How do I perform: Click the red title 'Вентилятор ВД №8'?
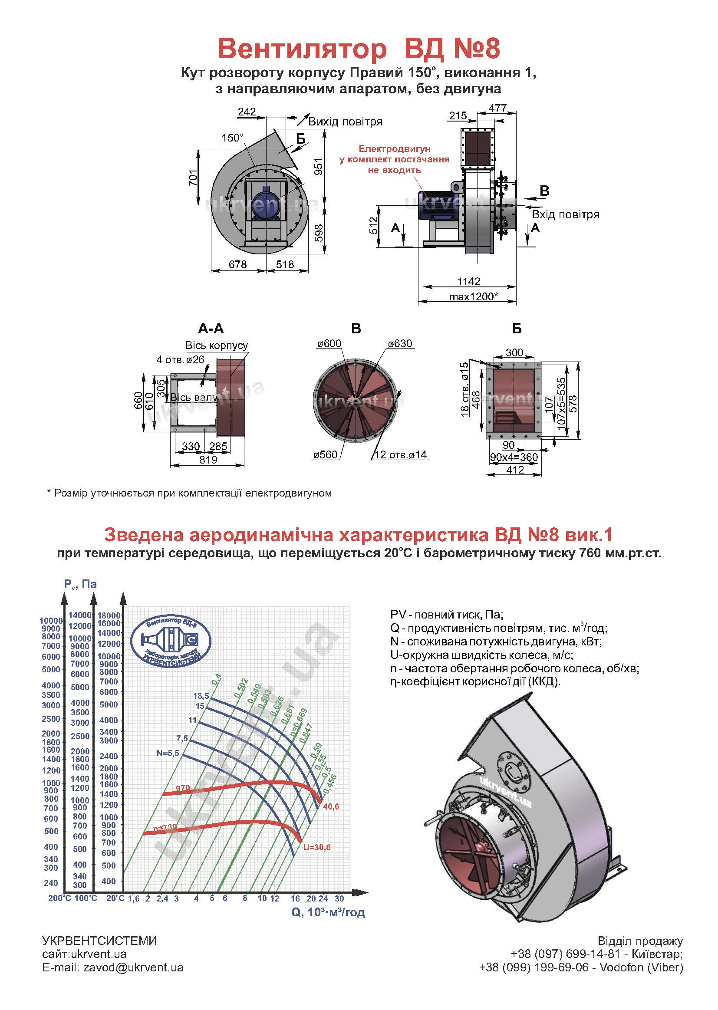click(359, 49)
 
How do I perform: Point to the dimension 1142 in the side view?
click(469, 281)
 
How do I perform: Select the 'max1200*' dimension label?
click(474, 296)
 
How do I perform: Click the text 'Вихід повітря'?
click(345, 122)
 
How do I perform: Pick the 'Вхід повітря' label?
click(566, 215)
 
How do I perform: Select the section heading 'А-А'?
click(211, 329)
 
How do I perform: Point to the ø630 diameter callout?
click(400, 344)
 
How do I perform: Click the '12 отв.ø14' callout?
click(401, 454)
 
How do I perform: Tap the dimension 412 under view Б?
click(515, 470)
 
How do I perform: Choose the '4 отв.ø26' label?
click(180, 359)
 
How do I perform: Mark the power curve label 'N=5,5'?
click(168, 753)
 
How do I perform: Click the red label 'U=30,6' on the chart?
click(316, 847)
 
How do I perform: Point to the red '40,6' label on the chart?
click(331, 807)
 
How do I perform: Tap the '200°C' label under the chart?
click(59, 898)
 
